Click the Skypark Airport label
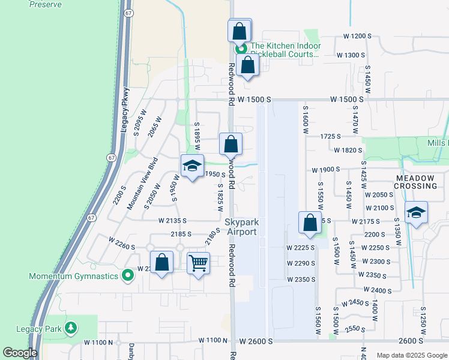click(241, 227)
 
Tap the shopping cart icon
click(198, 263)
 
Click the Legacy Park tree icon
click(71, 328)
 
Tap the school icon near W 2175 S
click(416, 213)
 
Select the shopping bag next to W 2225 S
click(310, 223)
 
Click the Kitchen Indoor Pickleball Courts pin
click(241, 50)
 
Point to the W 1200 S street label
click(357, 37)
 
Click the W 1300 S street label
click(351, 55)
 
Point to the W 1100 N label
click(98, 342)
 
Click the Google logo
click(20, 353)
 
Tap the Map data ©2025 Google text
click(411, 355)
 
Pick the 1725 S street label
click(330, 137)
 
